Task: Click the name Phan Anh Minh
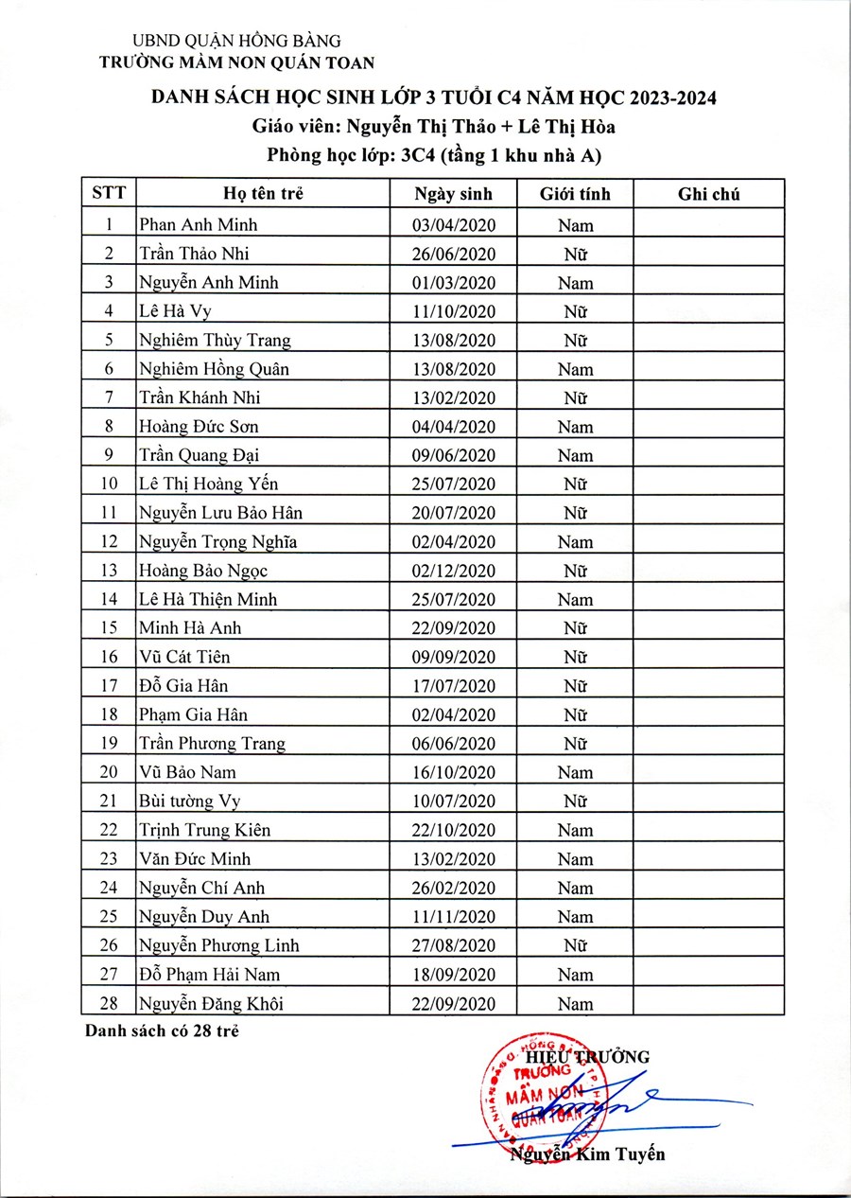tap(198, 224)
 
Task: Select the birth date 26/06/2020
tap(454, 254)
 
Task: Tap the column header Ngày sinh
tap(454, 195)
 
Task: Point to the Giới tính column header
tap(575, 195)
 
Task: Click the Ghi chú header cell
tap(709, 195)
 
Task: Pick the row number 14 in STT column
tap(110, 599)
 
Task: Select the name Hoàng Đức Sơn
tap(198, 427)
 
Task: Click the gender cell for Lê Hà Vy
tap(575, 311)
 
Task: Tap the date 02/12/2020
tap(454, 571)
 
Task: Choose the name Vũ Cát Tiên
tap(184, 657)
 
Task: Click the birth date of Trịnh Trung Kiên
tap(454, 830)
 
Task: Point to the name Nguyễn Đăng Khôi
tap(211, 1004)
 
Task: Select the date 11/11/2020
tap(454, 917)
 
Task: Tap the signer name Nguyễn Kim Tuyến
tap(587, 1154)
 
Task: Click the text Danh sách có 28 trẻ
tap(161, 1031)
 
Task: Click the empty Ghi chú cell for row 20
tap(709, 772)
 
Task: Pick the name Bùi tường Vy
tap(189, 802)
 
